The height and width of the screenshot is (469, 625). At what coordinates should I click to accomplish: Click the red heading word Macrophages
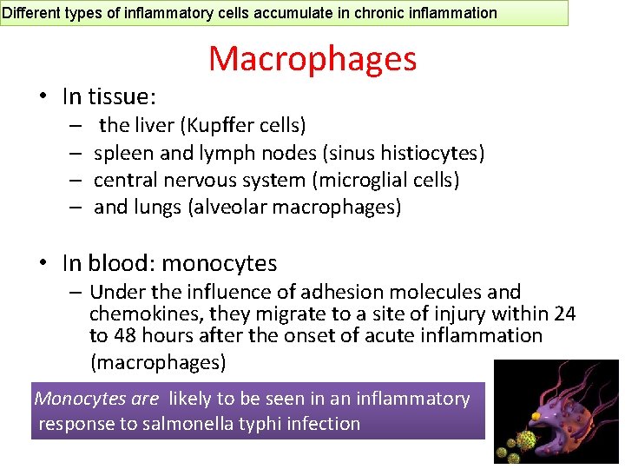click(312, 59)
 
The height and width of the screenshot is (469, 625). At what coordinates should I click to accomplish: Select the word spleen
click(121, 154)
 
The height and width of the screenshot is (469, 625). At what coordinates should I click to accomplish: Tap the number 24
click(564, 314)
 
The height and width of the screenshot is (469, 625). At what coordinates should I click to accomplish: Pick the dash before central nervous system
click(76, 181)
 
